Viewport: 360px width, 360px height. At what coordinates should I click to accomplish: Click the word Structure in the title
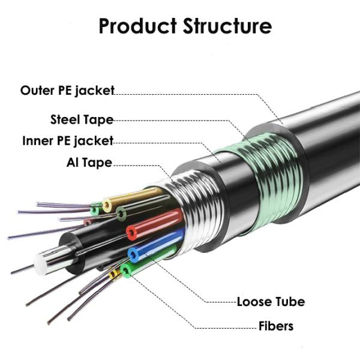(223, 26)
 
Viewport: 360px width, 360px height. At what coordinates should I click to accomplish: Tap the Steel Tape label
(82, 119)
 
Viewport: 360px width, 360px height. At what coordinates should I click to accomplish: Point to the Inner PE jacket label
(68, 141)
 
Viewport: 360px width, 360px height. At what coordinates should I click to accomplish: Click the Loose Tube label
(270, 301)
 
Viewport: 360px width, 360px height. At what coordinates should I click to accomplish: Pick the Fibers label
(275, 326)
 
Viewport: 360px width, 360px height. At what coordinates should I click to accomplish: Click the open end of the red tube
(132, 232)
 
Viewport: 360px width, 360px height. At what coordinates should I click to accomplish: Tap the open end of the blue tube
(134, 254)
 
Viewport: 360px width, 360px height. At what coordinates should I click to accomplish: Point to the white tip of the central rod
(42, 262)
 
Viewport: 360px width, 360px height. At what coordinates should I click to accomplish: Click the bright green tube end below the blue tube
(125, 271)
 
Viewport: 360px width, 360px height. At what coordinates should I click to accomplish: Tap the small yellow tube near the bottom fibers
(113, 275)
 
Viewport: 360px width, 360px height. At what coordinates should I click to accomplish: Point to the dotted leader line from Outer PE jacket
(192, 94)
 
